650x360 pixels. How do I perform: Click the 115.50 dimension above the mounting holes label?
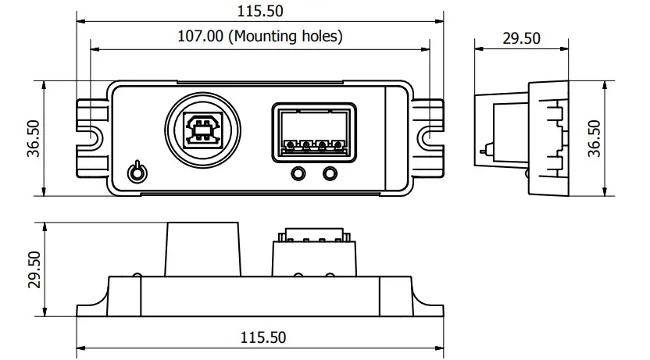coord(261,11)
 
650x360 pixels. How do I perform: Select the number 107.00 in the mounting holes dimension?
coord(201,36)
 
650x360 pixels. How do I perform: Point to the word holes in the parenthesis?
coord(321,36)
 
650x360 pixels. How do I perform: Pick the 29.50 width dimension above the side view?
coord(522,37)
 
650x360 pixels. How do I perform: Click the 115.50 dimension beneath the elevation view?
coord(261,337)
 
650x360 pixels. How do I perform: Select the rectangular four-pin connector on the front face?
coord(314,133)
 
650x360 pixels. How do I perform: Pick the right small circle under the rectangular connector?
coord(331,173)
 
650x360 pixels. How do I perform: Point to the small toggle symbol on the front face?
coord(137,171)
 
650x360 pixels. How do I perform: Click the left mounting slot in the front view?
coord(88,137)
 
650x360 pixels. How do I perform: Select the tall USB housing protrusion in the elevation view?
coord(202,248)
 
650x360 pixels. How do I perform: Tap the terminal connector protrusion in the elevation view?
coord(313,255)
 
